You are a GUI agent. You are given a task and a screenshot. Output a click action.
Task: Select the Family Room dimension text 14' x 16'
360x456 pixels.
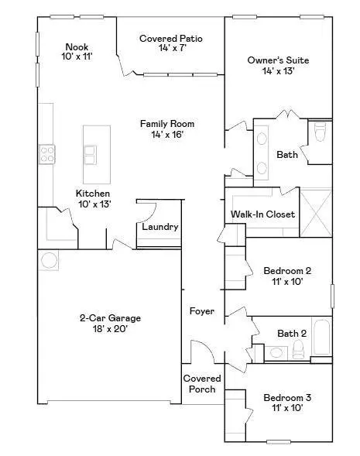[167, 135]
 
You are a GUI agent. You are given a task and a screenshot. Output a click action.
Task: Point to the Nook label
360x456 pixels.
[77, 46]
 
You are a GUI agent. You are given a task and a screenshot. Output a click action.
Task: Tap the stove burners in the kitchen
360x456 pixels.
[46, 153]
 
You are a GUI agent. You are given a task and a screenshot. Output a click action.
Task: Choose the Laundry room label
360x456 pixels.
[160, 228]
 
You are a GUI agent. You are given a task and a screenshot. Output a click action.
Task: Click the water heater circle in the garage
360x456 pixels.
[48, 259]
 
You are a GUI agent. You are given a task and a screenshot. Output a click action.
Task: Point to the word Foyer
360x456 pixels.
[202, 311]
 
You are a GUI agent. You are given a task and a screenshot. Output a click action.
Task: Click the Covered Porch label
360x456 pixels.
[202, 384]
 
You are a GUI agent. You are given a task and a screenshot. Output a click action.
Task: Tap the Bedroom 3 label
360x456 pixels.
[287, 398]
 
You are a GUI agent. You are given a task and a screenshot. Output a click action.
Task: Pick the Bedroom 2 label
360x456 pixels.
[287, 271]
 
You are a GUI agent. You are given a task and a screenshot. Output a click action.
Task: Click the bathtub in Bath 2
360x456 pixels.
[320, 341]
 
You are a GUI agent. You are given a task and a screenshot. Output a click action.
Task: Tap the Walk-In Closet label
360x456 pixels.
[263, 214]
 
